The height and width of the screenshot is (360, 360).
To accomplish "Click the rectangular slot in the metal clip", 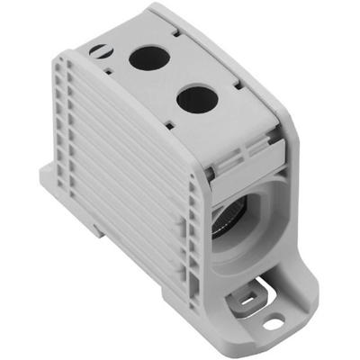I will (x=240, y=290).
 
